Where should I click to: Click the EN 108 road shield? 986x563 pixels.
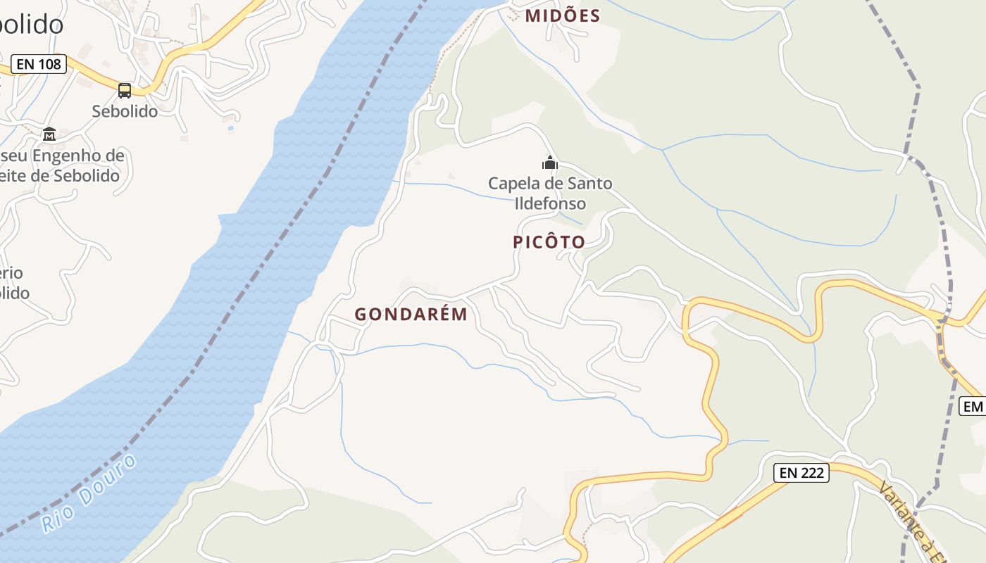click(39, 64)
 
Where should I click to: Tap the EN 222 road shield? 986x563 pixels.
click(801, 473)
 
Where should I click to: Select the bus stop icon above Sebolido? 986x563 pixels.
click(125, 90)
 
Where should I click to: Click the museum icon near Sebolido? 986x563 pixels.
click(49, 134)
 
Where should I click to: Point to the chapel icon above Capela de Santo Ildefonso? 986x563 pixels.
click(550, 163)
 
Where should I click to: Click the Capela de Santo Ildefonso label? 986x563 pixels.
click(550, 194)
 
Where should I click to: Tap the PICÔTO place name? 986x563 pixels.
click(549, 242)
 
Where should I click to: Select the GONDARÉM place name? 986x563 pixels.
click(411, 315)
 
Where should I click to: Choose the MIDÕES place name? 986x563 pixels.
click(563, 15)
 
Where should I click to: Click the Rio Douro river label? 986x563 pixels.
click(89, 493)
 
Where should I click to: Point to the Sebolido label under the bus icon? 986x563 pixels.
click(125, 111)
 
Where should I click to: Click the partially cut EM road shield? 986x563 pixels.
click(973, 406)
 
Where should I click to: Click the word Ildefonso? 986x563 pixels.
click(550, 204)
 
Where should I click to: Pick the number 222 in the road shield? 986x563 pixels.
click(812, 473)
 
